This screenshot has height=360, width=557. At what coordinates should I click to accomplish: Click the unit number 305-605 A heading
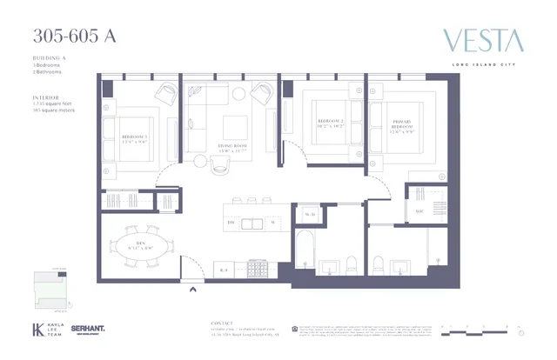[74, 37]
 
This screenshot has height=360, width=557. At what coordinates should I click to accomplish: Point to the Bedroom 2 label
[331, 123]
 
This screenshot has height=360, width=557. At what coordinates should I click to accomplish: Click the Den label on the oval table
[142, 244]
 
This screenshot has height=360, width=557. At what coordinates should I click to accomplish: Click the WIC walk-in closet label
[419, 210]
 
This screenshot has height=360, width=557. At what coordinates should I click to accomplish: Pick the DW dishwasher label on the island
[232, 223]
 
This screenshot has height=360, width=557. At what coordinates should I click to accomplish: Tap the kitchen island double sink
[252, 223]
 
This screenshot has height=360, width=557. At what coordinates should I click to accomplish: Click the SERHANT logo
[87, 330]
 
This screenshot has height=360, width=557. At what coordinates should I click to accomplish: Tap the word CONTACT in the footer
[223, 323]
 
